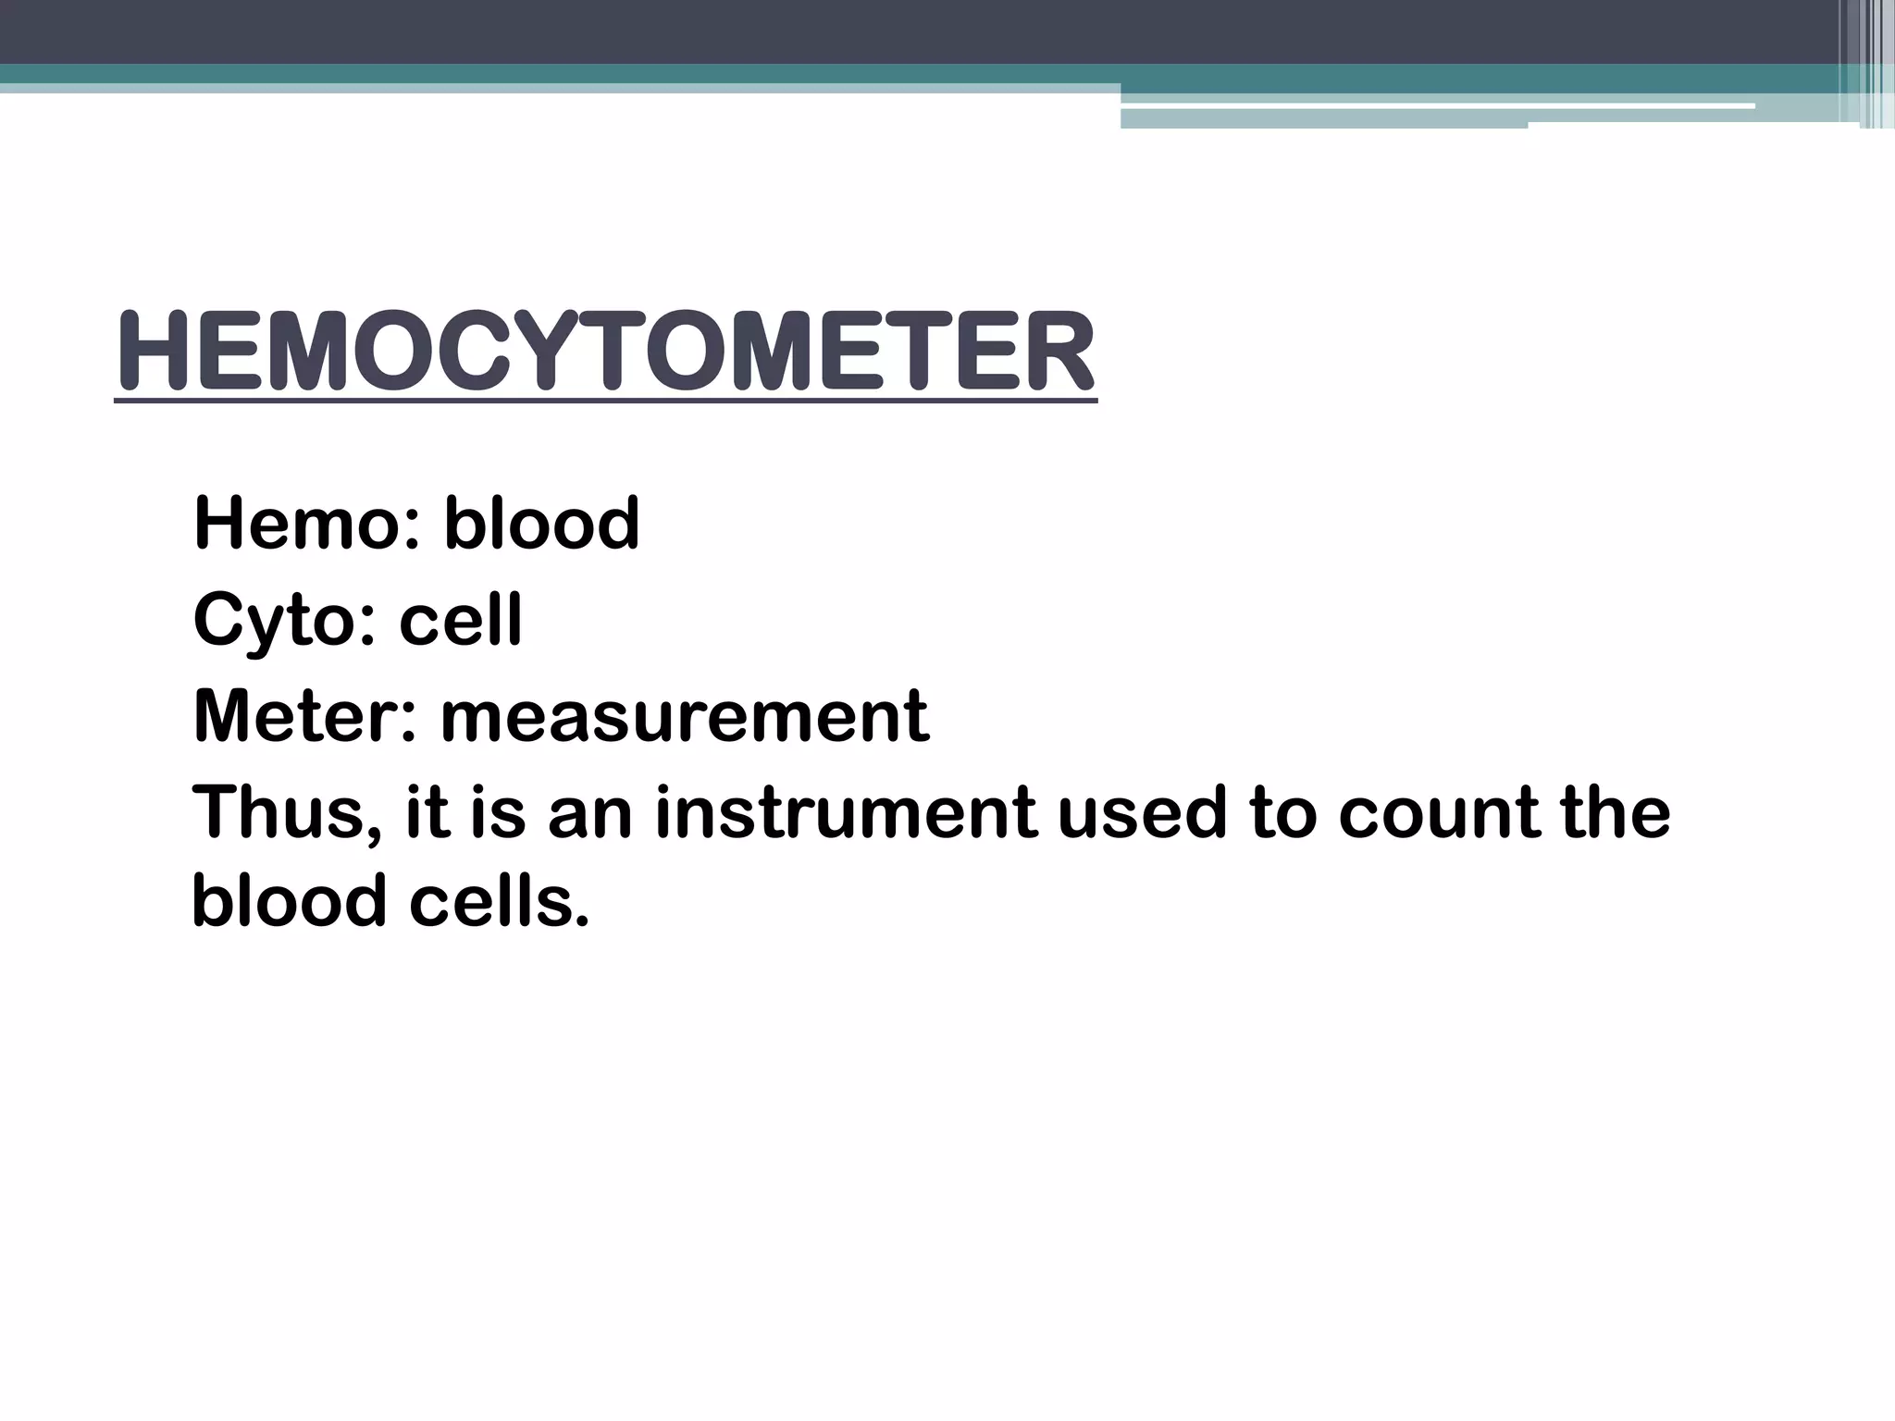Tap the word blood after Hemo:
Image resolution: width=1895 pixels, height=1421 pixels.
coord(541,524)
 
